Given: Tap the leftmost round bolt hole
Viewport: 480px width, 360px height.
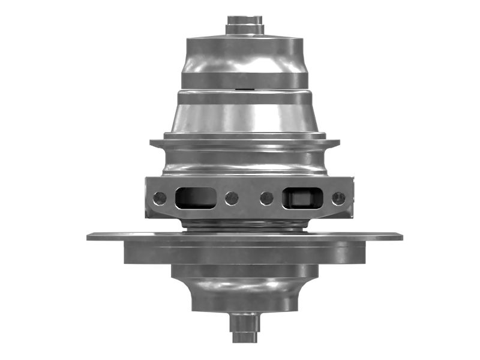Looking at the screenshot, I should (160, 197).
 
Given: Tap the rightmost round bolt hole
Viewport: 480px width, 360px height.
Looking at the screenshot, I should (338, 197).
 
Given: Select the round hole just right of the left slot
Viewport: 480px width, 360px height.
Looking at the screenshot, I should (232, 197).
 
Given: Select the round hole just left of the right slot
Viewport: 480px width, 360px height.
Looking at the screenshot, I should (267, 197).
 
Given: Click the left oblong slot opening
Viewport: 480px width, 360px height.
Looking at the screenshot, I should (195, 197).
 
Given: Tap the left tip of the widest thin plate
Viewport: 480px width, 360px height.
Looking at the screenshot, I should (90, 236).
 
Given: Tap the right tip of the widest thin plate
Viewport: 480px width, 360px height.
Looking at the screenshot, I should (399, 236).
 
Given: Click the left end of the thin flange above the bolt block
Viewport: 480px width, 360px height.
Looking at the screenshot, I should (153, 143).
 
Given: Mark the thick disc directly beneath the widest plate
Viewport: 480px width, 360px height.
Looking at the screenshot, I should (245, 253).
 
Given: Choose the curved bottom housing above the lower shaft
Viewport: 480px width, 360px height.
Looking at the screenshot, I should (245, 291).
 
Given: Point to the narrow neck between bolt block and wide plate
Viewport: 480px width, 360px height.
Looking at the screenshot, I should (245, 225).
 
